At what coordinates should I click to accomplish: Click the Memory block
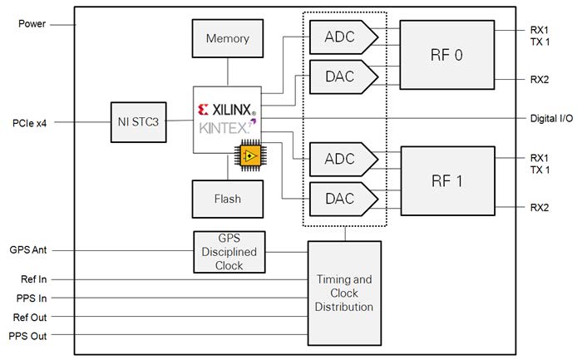pos(228,38)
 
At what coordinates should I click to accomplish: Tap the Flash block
pos(228,199)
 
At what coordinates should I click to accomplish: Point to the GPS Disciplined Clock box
pos(229,252)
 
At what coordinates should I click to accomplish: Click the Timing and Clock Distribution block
pos(343,293)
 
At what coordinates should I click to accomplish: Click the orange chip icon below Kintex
pos(248,155)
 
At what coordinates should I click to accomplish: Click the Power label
pos(32,22)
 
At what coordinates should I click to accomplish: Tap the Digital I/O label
pos(551,118)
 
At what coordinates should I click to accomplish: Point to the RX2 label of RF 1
pos(539,206)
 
